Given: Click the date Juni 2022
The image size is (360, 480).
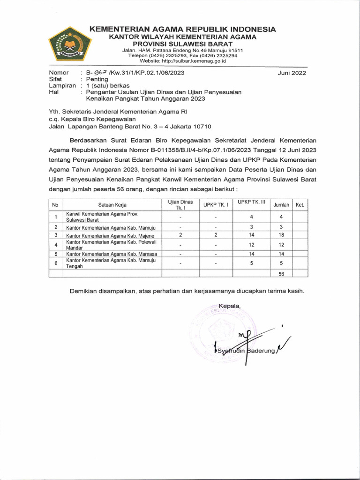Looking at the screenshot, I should pyautogui.click(x=291, y=73).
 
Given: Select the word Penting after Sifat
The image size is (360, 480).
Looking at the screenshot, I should pyautogui.click(x=97, y=80).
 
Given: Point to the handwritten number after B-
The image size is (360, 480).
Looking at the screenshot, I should pyautogui.click(x=99, y=73).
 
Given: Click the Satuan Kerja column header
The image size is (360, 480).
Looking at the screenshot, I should pyautogui.click(x=112, y=205).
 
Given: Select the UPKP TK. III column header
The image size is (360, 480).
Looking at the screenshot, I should pyautogui.click(x=251, y=202).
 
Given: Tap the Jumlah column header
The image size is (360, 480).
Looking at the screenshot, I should pyautogui.click(x=281, y=205).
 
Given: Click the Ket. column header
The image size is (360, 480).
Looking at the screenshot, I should pyautogui.click(x=300, y=205).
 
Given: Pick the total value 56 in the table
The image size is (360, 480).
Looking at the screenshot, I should pyautogui.click(x=281, y=274).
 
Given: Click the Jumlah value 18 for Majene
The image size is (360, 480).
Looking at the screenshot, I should pyautogui.click(x=281, y=235).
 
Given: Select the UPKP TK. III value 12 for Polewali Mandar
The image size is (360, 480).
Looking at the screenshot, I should pyautogui.click(x=251, y=245).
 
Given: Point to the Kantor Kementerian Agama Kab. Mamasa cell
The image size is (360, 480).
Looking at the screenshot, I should pyautogui.click(x=111, y=254).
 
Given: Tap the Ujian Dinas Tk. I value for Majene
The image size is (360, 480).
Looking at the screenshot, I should pyautogui.click(x=180, y=235).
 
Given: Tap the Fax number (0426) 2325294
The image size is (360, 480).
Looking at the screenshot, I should pyautogui.click(x=220, y=55).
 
